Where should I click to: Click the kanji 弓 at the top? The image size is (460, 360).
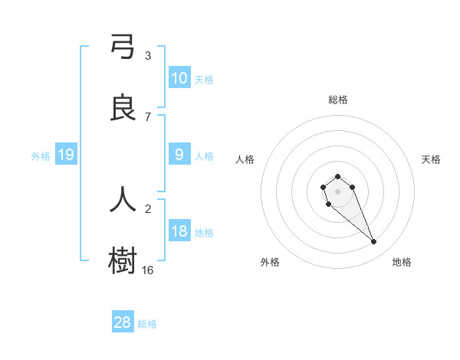[x=123, y=47]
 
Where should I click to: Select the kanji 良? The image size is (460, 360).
[x=123, y=108]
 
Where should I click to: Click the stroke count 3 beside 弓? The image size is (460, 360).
[x=148, y=56]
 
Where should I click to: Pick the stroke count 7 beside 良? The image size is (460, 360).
[x=148, y=117]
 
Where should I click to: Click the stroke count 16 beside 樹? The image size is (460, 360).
[x=148, y=270]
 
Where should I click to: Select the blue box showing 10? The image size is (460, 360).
[x=179, y=78]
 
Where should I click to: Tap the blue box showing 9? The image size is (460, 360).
[x=179, y=155]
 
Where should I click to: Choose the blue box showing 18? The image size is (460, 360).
[x=179, y=231]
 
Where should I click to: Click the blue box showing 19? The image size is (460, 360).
[x=66, y=155]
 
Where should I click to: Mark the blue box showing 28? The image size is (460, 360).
[x=123, y=322]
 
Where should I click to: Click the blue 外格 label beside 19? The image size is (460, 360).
[x=41, y=156]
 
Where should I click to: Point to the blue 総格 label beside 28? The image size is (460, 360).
[x=147, y=324]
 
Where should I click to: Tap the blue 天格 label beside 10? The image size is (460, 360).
[x=204, y=80]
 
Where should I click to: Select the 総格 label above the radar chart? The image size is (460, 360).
[x=338, y=100]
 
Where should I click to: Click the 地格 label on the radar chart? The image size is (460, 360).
[x=402, y=262]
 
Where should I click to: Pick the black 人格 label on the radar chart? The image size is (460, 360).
[x=245, y=159]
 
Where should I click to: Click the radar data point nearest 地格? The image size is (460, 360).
[x=374, y=242]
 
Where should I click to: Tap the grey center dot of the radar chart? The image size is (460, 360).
[x=337, y=191]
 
